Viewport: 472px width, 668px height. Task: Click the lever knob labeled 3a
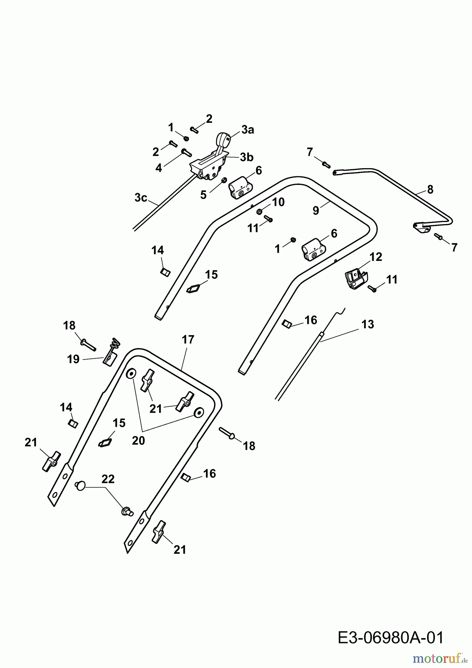click(x=223, y=140)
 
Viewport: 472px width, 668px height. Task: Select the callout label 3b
click(x=246, y=157)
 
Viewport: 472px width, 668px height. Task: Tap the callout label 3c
click(x=141, y=198)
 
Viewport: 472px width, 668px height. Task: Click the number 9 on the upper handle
click(x=316, y=210)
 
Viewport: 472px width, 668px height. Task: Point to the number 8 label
click(x=430, y=189)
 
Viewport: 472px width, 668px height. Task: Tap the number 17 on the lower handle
click(x=188, y=339)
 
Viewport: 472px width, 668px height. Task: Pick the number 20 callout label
click(x=138, y=440)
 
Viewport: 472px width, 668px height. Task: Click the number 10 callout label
click(x=278, y=202)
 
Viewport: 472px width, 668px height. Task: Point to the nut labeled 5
click(x=224, y=180)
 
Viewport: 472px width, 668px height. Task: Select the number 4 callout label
click(x=159, y=168)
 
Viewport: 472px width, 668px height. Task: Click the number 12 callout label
click(x=376, y=257)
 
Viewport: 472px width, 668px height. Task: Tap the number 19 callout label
click(x=73, y=359)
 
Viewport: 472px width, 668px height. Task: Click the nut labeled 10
click(x=260, y=212)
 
